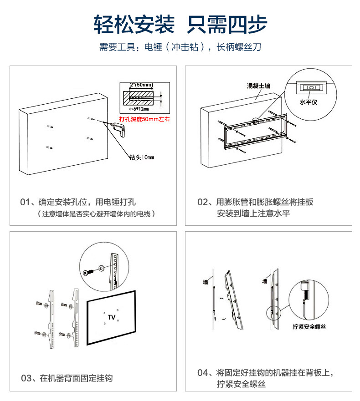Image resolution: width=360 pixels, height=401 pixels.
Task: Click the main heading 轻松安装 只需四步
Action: (180, 24)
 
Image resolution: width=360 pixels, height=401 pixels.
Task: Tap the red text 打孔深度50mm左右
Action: (144, 119)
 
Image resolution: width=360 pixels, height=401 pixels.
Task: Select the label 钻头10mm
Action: (142, 157)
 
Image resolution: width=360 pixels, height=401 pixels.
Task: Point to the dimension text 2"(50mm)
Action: (141, 85)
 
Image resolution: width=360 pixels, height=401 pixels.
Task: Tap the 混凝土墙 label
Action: (258, 86)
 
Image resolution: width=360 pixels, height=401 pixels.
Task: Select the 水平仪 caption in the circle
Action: (308, 103)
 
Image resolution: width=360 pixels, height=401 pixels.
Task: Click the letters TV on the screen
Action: (112, 316)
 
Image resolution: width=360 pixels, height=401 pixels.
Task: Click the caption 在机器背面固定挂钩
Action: (76, 378)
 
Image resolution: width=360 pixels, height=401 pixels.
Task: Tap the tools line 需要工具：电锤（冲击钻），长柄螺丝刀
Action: (180, 47)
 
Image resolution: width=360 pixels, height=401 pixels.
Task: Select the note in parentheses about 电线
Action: (96, 213)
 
